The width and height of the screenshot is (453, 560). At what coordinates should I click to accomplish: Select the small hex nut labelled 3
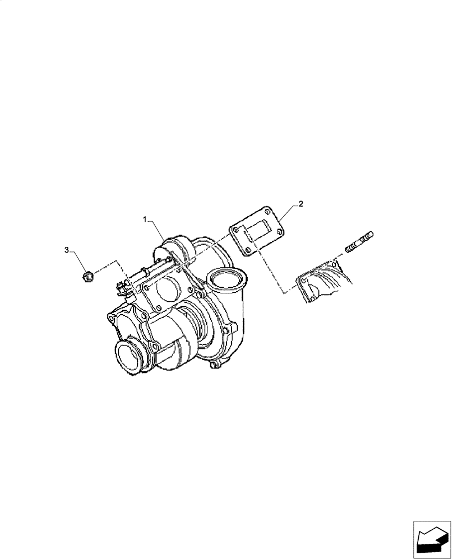point(87,275)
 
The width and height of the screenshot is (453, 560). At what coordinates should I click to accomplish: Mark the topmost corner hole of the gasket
point(267,212)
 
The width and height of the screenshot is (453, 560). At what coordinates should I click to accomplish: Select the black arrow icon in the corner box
point(431,539)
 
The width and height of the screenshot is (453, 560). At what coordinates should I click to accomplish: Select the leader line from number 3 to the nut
point(77,260)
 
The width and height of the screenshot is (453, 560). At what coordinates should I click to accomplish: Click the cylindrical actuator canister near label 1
point(178,248)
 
